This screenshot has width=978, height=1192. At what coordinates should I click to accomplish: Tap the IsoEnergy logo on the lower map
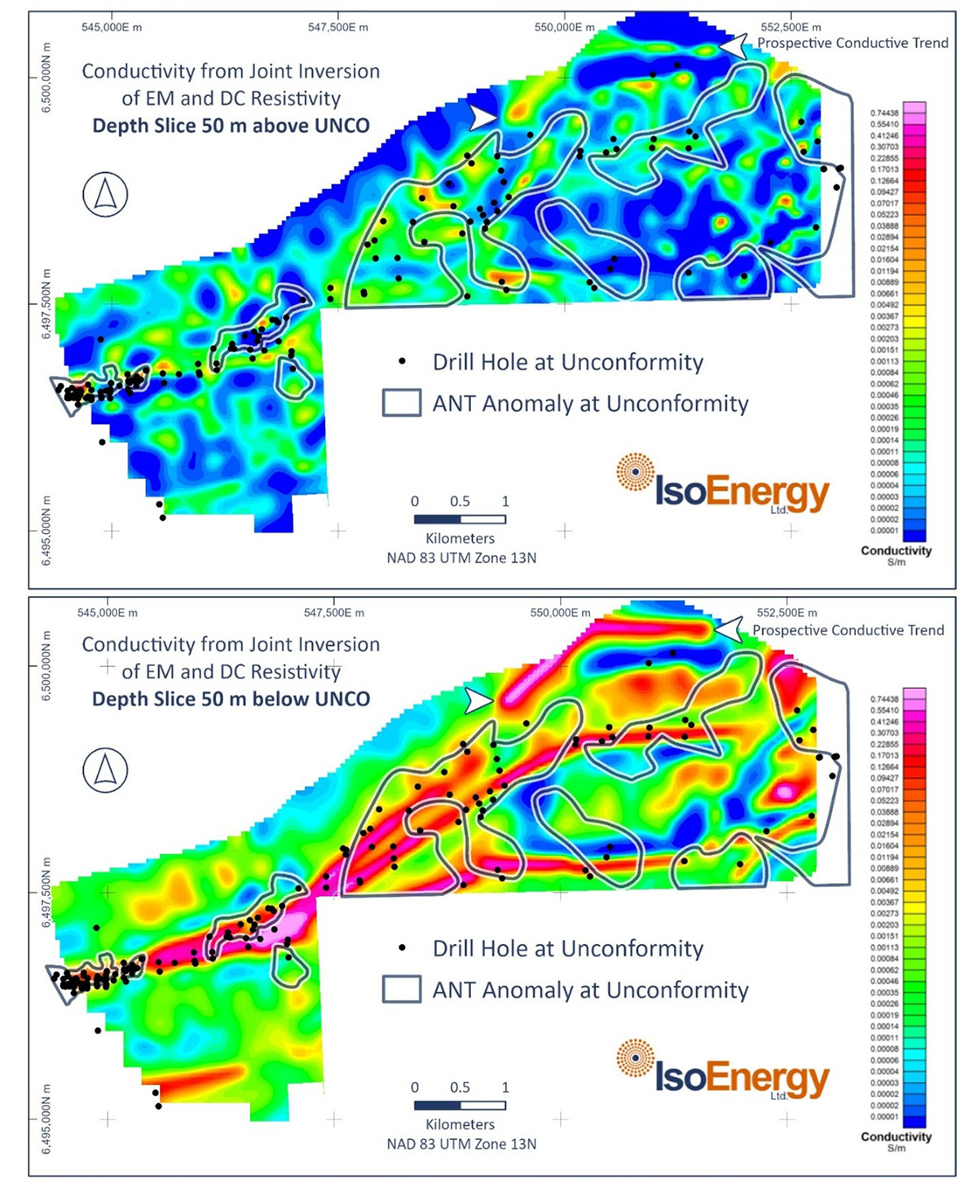(x=724, y=1073)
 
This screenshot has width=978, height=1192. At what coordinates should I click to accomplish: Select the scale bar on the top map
(x=460, y=519)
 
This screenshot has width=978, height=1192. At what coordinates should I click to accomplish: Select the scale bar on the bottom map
(x=460, y=1106)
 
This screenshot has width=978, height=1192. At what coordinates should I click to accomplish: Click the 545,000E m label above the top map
(x=112, y=27)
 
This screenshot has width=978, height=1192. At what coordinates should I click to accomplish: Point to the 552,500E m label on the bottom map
(x=786, y=612)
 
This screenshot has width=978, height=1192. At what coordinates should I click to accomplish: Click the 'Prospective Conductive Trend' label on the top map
(x=852, y=43)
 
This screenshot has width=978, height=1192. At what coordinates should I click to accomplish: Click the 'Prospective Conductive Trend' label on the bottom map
(x=848, y=630)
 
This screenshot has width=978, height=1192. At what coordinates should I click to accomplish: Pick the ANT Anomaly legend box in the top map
(x=402, y=403)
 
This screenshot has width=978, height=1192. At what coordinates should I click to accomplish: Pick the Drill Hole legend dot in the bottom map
(x=402, y=948)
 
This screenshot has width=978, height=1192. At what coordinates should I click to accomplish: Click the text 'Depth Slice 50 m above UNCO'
(x=231, y=126)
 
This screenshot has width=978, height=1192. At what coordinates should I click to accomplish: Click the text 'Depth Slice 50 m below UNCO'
(x=231, y=699)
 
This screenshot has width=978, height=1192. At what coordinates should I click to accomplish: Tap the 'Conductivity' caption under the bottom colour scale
(x=896, y=1137)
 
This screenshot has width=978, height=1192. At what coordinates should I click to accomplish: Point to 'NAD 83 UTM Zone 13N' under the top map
(x=461, y=558)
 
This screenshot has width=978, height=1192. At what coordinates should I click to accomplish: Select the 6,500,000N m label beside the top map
(x=46, y=77)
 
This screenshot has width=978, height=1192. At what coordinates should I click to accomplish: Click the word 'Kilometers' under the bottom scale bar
(x=460, y=1124)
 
